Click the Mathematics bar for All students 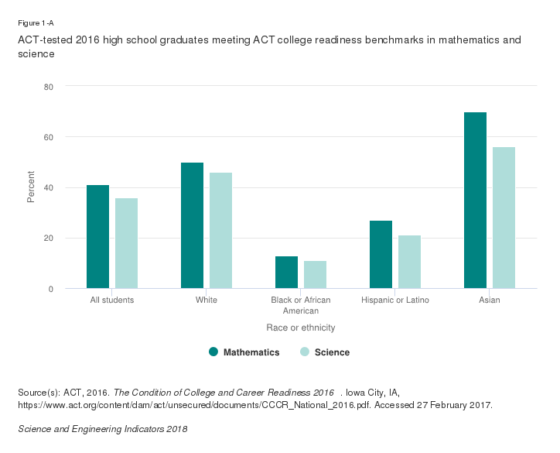[97, 237]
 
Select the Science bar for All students [126, 243]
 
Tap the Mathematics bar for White [192, 225]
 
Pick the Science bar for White [220, 231]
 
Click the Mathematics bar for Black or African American [286, 273]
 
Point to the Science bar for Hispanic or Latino [409, 262]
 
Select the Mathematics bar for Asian [475, 201]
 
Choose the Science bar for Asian [504, 218]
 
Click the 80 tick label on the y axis [48, 86]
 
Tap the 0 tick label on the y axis [50, 289]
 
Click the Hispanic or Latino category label [394, 300]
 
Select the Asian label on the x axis [489, 300]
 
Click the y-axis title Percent [31, 187]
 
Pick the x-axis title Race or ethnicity [301, 328]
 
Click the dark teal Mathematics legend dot [213, 352]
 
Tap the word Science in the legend [333, 352]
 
